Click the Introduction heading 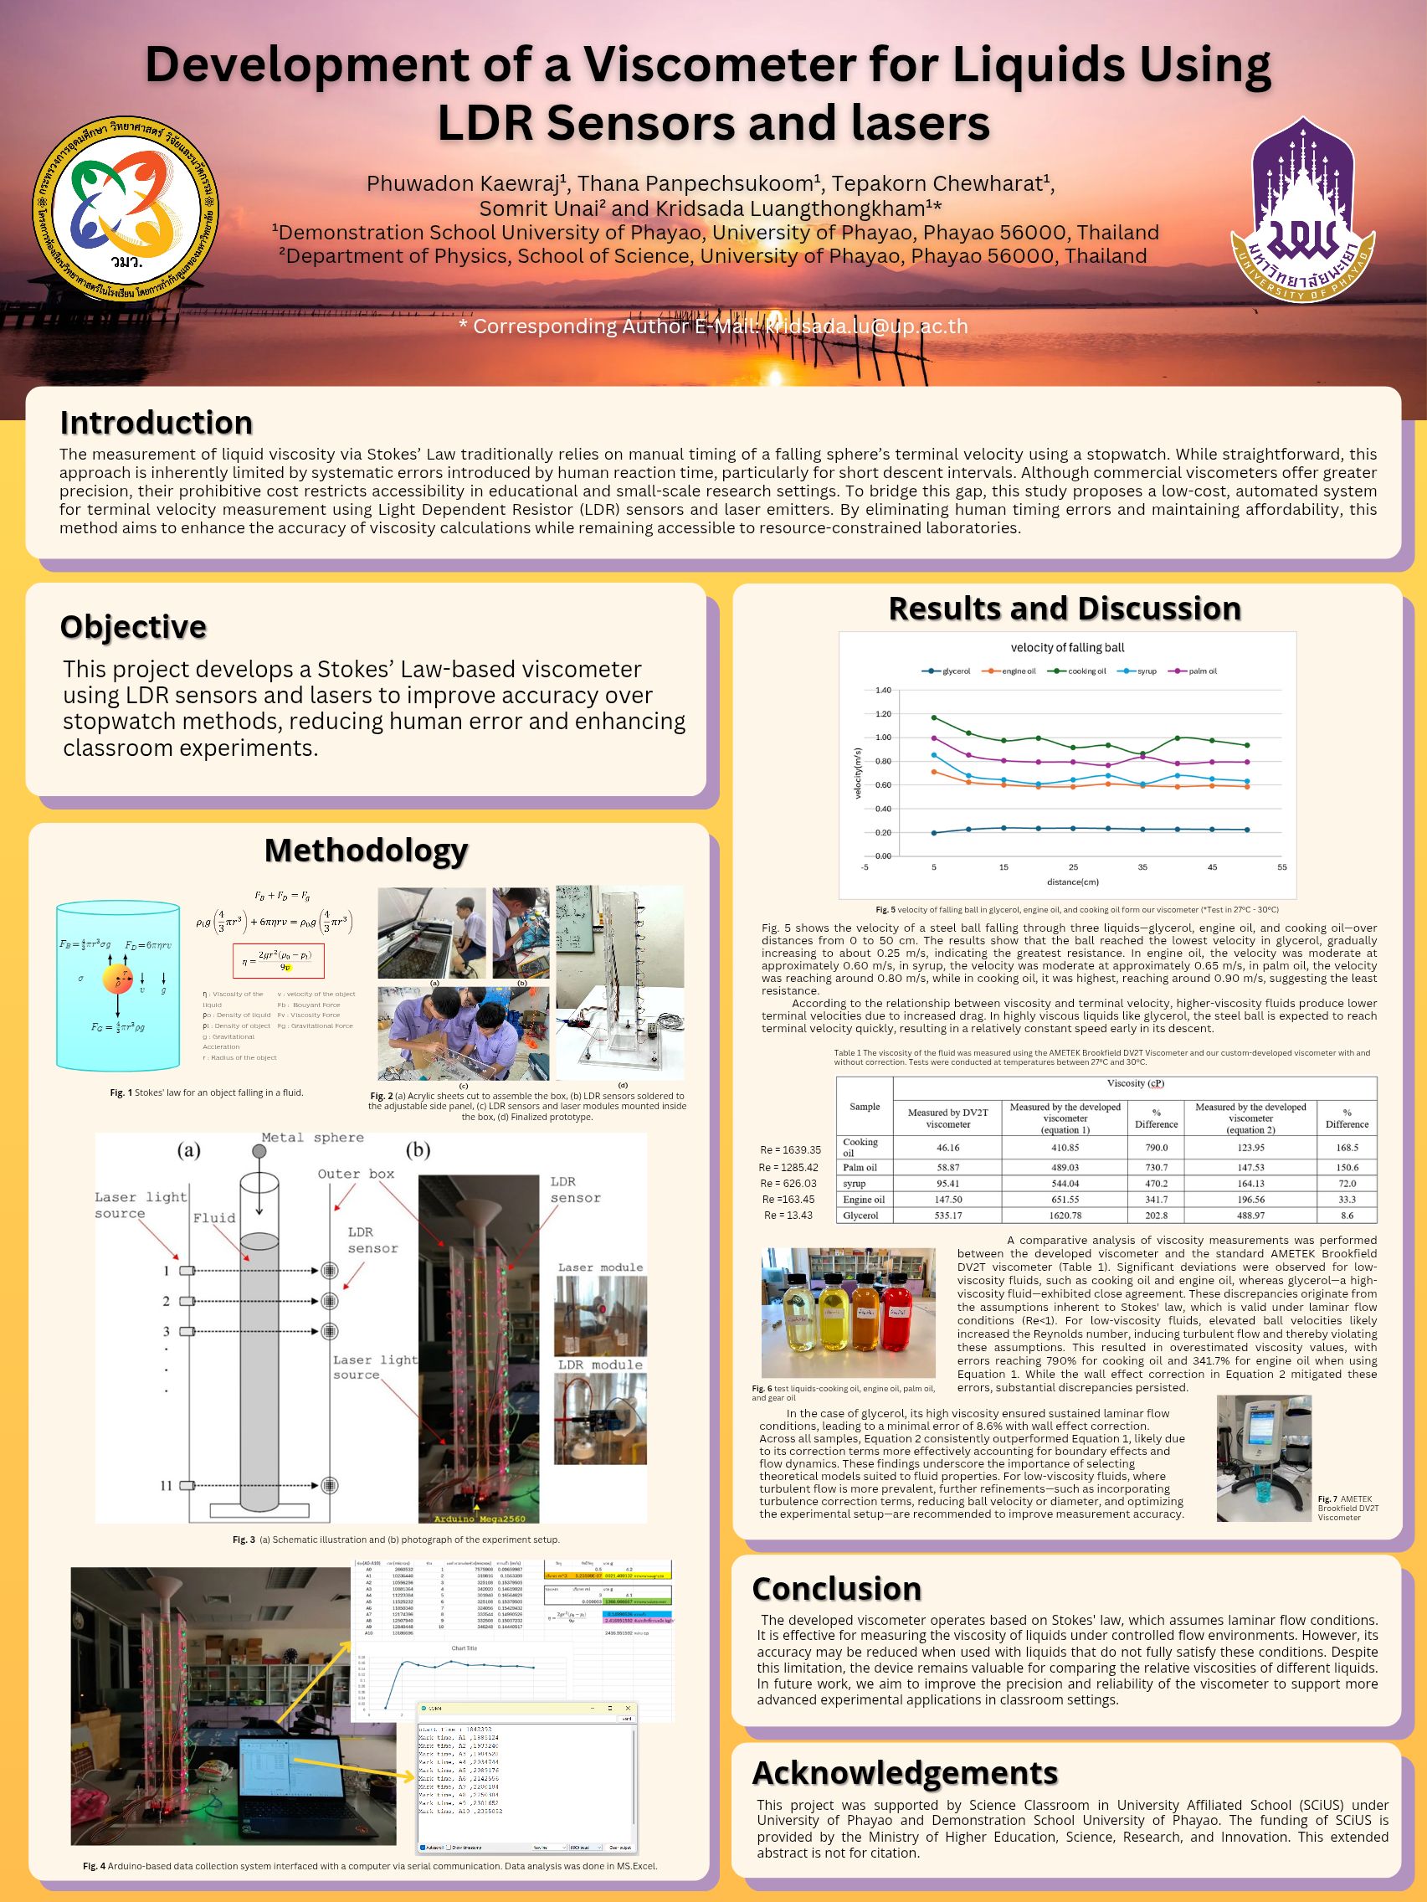click(156, 423)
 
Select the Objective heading click(133, 627)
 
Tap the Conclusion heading click(835, 1588)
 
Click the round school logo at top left click(126, 209)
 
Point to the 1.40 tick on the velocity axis click(883, 691)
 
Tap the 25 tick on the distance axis click(1073, 866)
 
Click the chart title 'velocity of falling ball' click(1067, 647)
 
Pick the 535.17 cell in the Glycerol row click(947, 1215)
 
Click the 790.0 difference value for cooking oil click(1155, 1147)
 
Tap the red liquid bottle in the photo click(896, 1311)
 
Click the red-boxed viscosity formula click(279, 960)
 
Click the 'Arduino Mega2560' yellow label click(479, 1519)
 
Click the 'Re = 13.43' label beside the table click(788, 1215)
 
